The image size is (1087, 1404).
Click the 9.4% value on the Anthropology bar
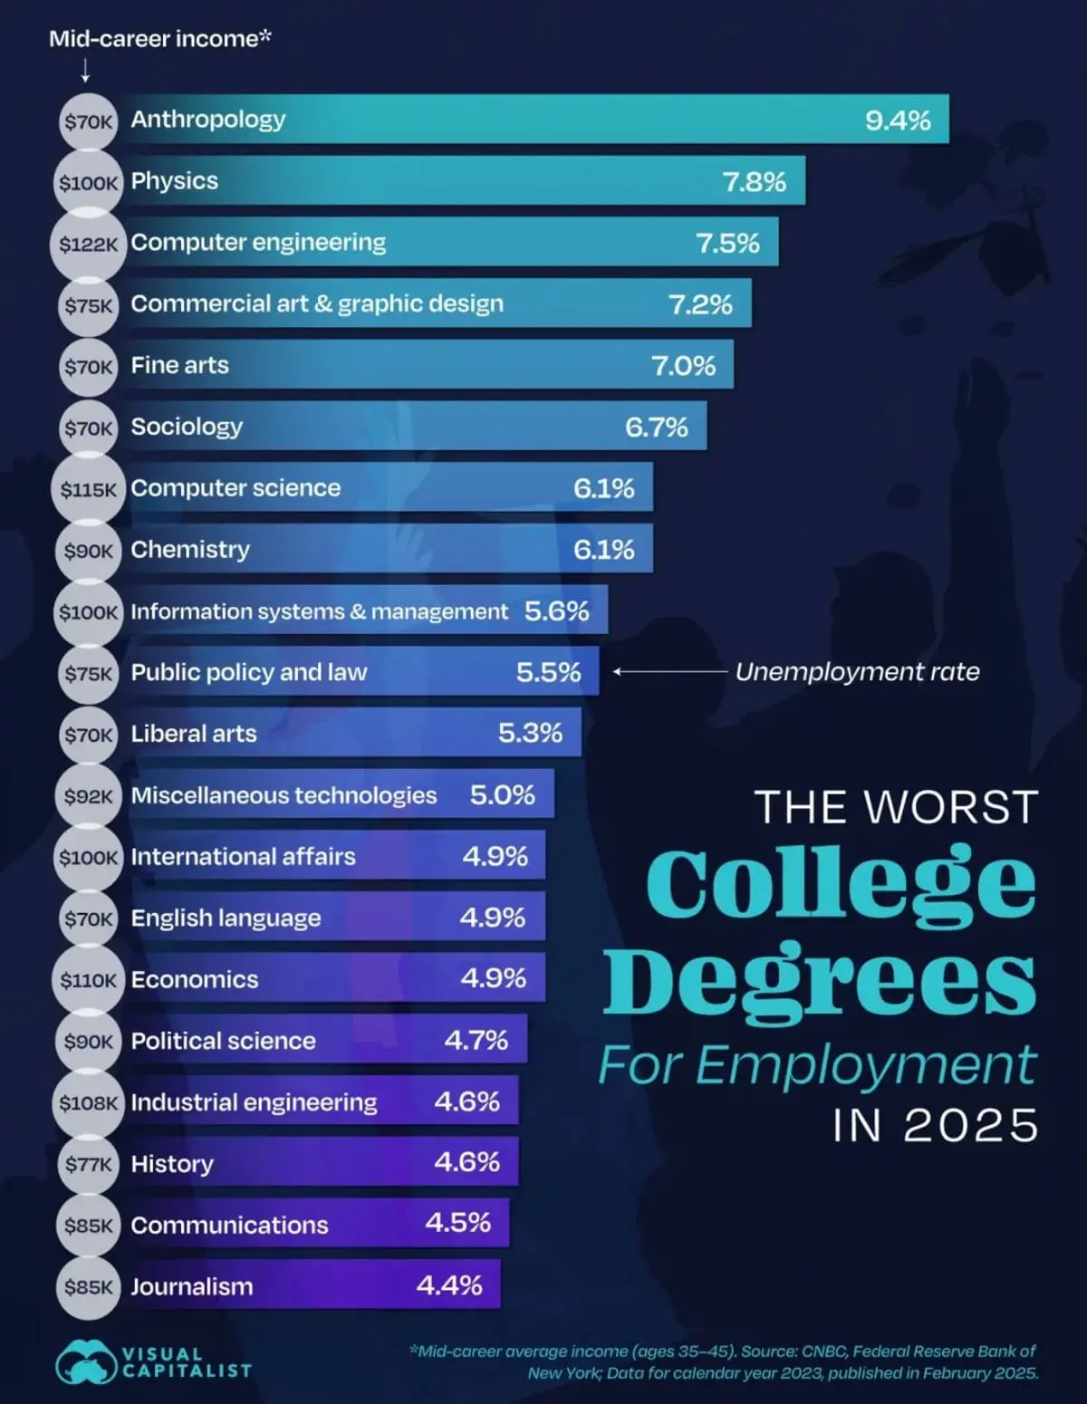[897, 120]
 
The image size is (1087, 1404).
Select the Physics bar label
[174, 181]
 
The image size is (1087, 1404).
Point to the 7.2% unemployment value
[700, 304]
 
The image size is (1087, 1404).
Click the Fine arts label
[179, 365]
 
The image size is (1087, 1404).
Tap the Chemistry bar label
[190, 550]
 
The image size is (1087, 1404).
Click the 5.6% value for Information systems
[556, 611]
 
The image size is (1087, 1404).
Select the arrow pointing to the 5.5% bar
[669, 672]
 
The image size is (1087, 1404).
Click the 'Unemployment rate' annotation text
[857, 672]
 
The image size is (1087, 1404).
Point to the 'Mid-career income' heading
[159, 39]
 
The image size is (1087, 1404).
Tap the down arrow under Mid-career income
[85, 71]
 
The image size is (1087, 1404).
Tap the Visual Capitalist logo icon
[85, 1361]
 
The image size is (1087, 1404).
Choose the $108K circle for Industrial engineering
[88, 1103]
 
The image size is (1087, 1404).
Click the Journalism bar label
[191, 1287]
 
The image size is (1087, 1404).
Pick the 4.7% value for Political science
[476, 1040]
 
